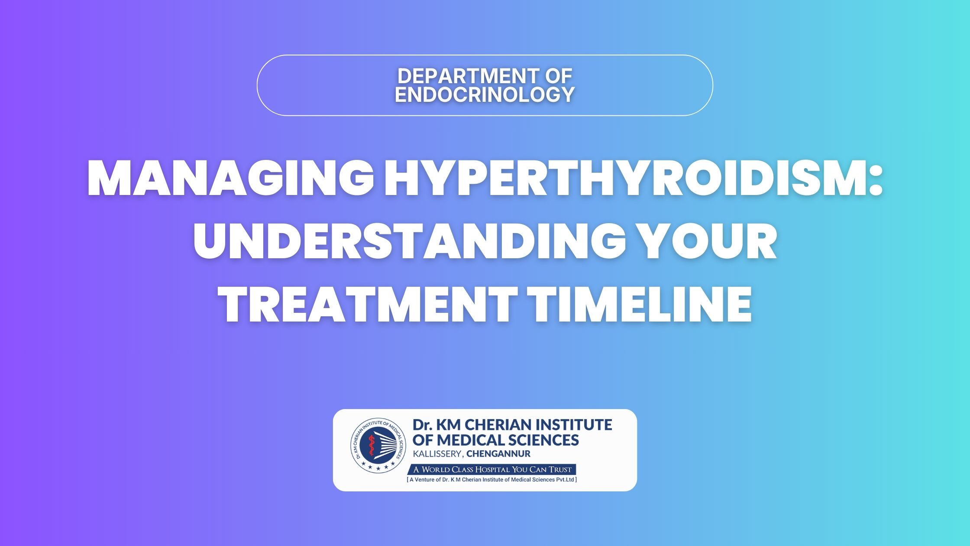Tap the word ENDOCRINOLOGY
point(485,94)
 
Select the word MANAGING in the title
point(231,180)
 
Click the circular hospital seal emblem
point(378,446)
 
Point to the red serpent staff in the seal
point(371,447)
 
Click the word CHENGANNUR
point(498,454)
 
